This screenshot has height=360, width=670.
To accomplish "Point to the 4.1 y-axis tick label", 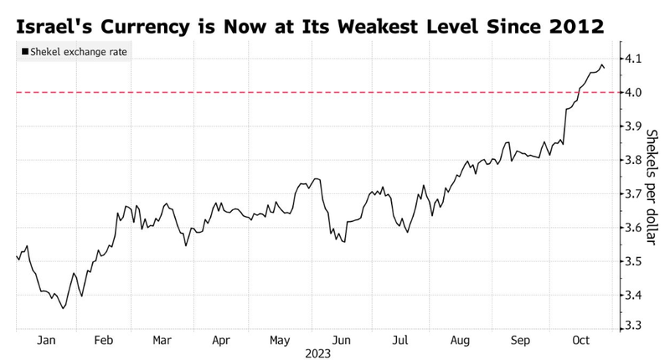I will point(633,59).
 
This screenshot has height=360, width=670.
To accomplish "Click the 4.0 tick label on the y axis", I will point(633,92).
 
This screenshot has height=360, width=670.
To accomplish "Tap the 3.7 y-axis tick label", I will point(633,194).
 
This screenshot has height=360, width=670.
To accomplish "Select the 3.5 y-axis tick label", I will point(633,262).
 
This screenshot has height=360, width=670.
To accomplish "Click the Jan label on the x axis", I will point(46,341).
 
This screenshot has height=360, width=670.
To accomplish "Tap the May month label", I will point(281,341).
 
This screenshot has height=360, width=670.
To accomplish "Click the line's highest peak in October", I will point(602,64).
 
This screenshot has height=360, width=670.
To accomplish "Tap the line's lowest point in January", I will point(64,308).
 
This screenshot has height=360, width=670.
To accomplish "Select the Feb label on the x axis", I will point(104,341).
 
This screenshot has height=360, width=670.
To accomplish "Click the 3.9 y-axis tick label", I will point(633,126).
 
